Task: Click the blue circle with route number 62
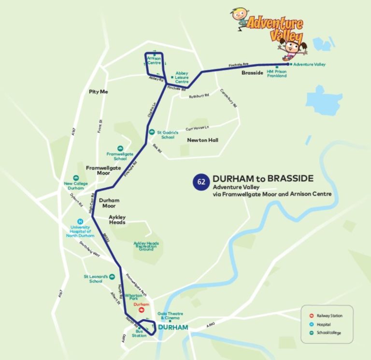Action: click(200, 182)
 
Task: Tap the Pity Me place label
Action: click(98, 91)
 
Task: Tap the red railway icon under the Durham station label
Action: click(142, 310)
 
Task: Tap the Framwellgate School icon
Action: click(120, 148)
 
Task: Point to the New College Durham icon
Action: click(76, 178)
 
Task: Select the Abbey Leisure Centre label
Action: click(182, 77)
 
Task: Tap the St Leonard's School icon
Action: click(112, 277)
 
